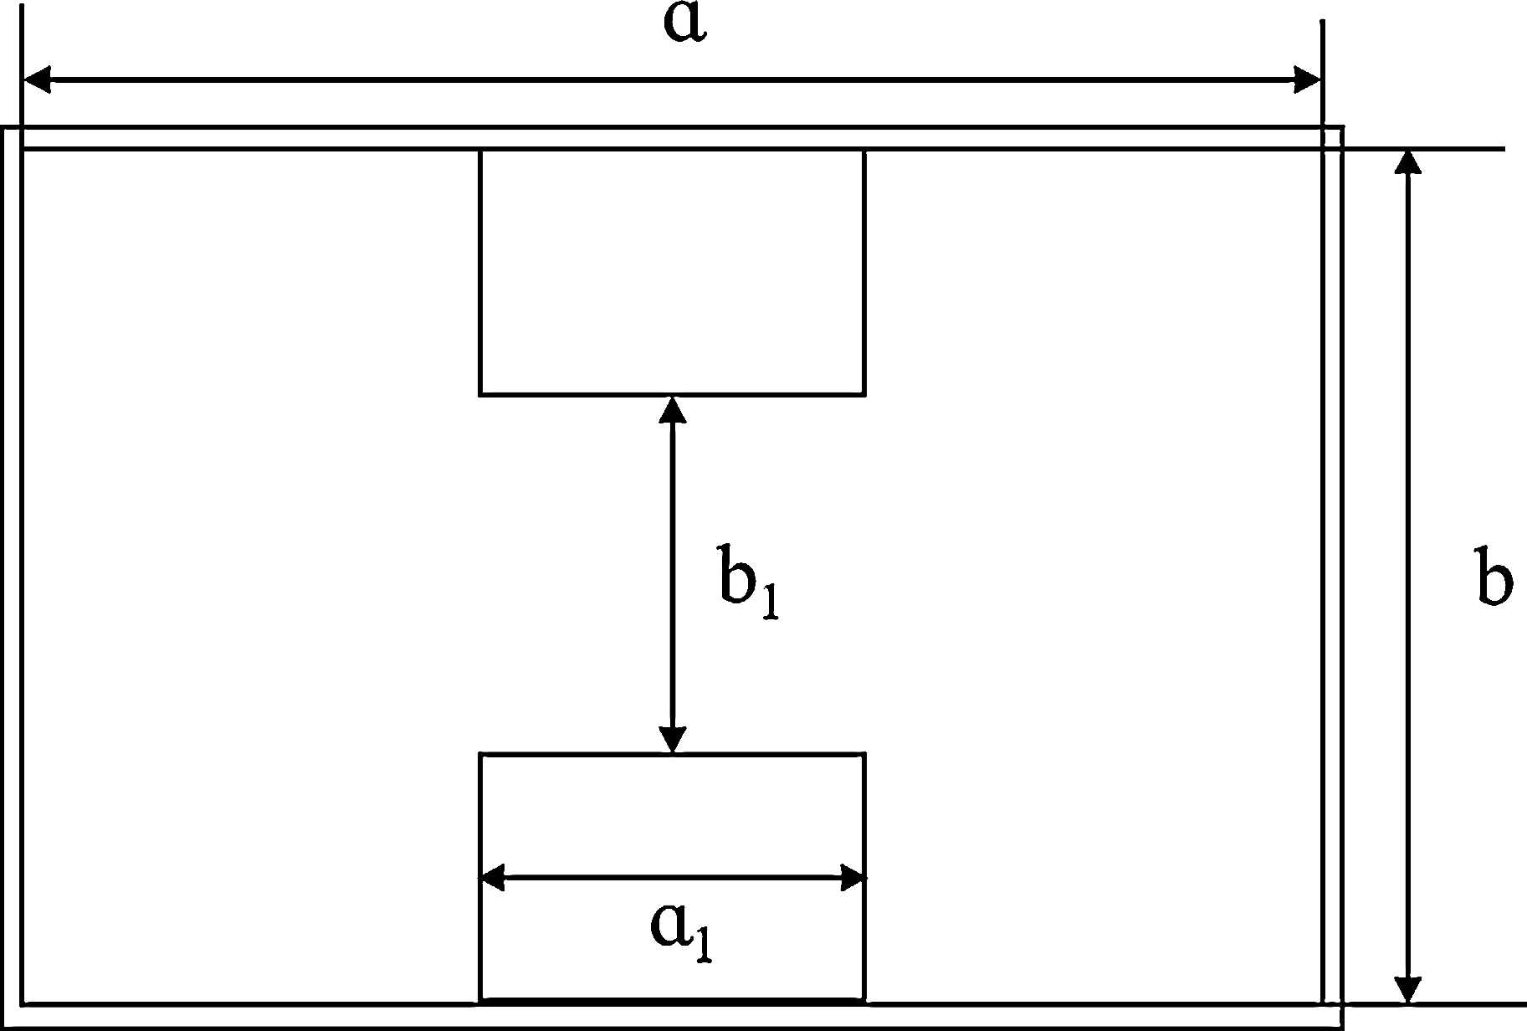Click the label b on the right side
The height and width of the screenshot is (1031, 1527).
[1494, 577]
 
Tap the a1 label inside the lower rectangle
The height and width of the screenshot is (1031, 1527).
[681, 931]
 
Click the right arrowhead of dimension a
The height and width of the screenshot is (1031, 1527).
[1307, 80]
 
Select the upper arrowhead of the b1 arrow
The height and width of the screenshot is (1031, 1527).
[673, 409]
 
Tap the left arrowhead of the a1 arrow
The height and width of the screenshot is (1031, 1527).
[493, 878]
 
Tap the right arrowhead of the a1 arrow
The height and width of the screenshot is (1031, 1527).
[852, 878]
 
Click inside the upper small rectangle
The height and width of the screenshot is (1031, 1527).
[672, 272]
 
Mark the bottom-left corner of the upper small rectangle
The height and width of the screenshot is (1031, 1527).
[480, 394]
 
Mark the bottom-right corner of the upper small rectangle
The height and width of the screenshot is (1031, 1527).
[864, 394]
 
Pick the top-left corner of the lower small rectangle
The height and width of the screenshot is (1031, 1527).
[480, 754]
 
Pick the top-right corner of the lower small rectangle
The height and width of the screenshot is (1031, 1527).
[864, 754]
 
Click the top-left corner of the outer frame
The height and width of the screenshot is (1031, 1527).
[3, 127]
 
